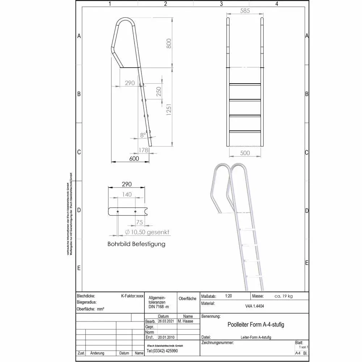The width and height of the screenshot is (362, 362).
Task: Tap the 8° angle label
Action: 143,135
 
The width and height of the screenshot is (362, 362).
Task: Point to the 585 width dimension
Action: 245,11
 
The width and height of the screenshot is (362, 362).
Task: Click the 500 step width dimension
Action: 245,153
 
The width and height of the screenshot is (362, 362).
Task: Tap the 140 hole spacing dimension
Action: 127,194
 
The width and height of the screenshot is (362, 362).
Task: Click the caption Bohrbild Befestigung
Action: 136,244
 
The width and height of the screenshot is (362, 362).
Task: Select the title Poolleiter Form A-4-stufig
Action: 256,325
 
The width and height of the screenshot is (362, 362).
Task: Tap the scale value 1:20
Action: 228,296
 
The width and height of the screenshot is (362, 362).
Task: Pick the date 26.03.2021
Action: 166,321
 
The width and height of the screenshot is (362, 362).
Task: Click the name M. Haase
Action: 186,321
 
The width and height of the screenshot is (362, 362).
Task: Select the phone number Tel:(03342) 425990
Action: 162,351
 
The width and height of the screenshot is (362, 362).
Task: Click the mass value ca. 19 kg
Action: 283,296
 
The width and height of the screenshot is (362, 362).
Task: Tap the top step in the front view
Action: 245,84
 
